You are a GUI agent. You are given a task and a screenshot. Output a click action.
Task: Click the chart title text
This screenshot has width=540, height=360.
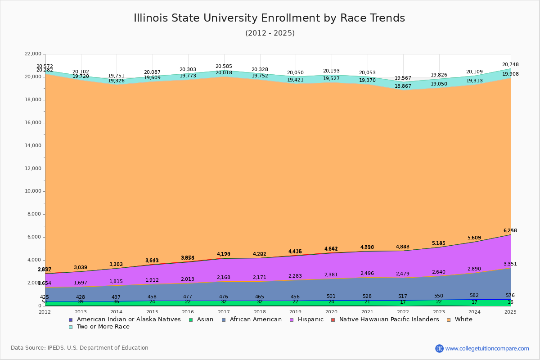click(x=269, y=18)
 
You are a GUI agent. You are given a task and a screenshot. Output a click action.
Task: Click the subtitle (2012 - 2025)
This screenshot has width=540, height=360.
click(x=270, y=33)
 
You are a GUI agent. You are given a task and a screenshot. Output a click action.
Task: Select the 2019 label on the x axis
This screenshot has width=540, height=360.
click(x=296, y=312)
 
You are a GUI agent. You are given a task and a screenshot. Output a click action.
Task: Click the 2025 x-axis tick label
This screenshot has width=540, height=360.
click(x=511, y=312)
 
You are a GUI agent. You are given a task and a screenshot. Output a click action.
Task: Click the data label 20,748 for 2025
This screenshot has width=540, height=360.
click(x=510, y=65)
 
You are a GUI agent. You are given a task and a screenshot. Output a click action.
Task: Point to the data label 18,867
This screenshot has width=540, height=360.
click(x=403, y=86)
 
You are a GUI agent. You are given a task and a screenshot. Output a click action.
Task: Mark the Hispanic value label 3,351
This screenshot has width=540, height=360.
click(x=510, y=264)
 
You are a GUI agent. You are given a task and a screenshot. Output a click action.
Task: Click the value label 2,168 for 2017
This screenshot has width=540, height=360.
click(x=224, y=278)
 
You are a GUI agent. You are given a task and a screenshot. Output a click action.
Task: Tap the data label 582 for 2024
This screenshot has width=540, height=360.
click(x=474, y=296)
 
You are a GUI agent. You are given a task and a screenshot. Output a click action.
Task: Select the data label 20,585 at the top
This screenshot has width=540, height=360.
click(x=224, y=67)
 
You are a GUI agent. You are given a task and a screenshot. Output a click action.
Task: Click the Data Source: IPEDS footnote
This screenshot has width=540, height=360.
click(x=80, y=348)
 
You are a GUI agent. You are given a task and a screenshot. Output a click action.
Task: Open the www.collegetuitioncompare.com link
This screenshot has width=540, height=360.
click(x=487, y=348)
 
